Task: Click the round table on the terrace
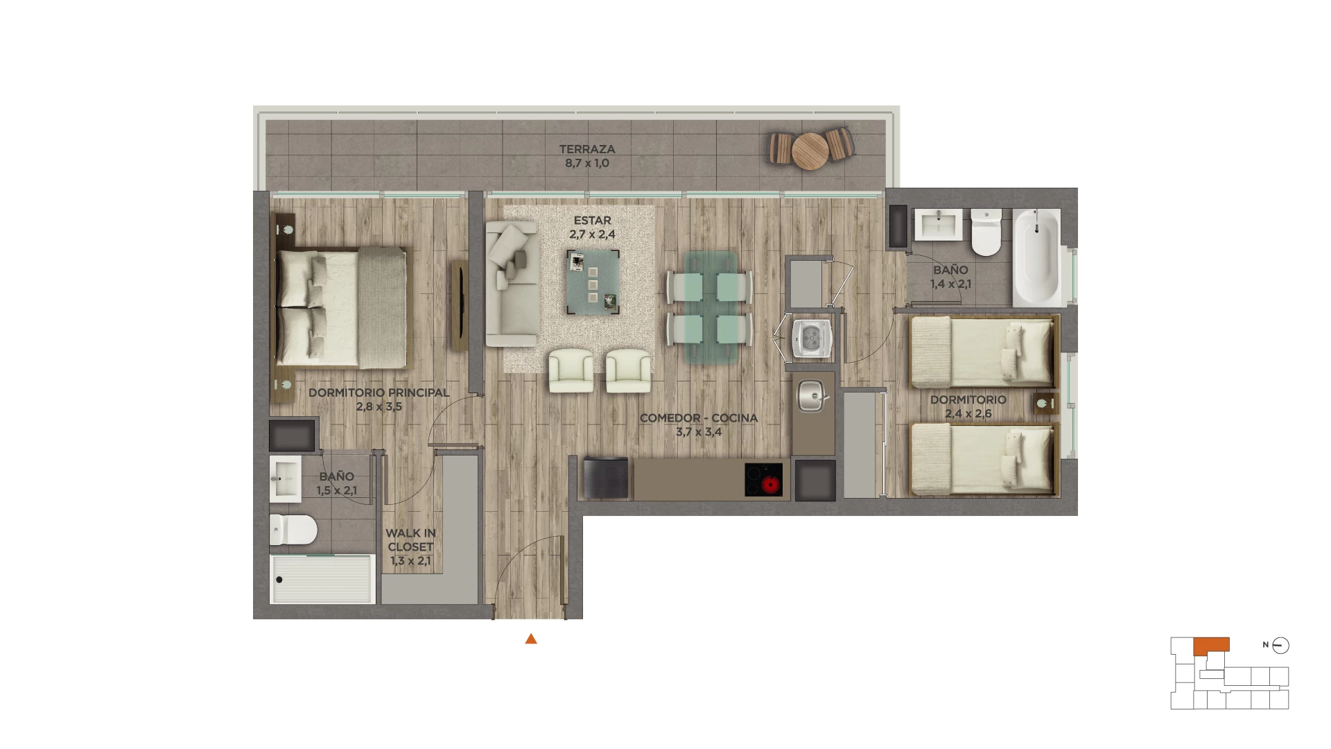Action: coord(810,150)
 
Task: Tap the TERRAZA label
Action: coord(587,149)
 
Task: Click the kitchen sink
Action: coord(811,397)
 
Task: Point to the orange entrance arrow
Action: coord(531,639)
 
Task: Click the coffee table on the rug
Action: coord(593,283)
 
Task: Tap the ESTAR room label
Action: coord(593,221)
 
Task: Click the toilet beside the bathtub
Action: coord(986,232)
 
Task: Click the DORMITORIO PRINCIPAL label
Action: coord(379,393)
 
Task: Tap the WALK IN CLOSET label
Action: coord(410,540)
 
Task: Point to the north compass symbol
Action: coord(1280,646)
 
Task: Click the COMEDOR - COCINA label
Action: coord(699,418)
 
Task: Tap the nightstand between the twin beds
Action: coord(1046,404)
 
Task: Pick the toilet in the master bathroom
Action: coord(293,531)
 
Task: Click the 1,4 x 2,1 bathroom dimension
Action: coord(950,284)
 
